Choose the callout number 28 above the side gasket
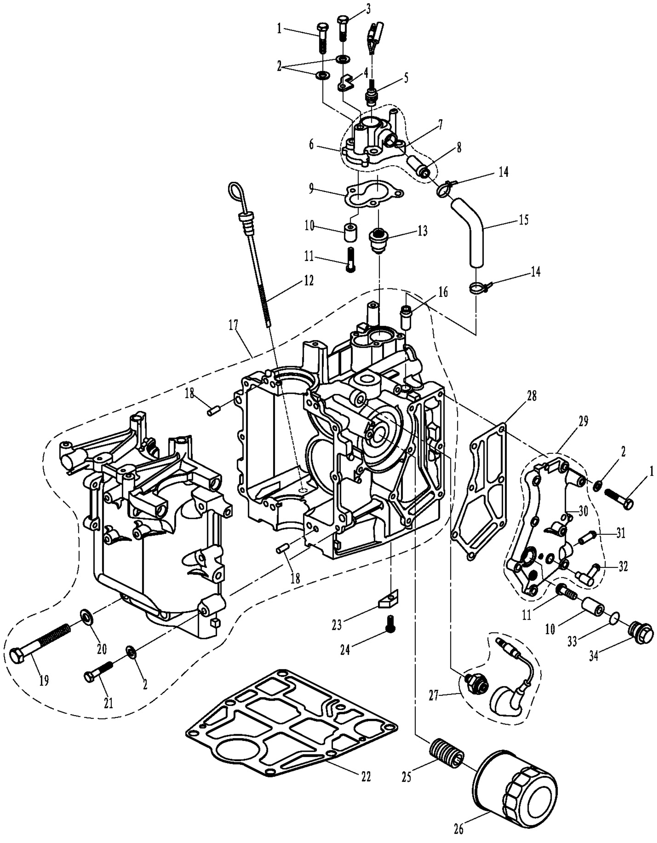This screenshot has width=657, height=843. pos(531,396)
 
